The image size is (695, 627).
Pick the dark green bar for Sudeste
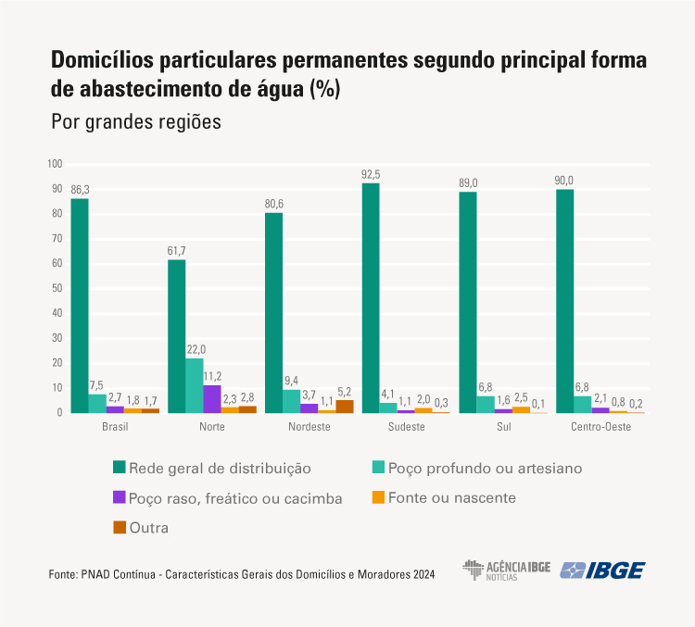(x=371, y=297)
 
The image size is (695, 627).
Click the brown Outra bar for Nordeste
(x=345, y=406)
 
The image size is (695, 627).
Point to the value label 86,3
(x=80, y=190)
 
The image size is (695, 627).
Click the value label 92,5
(x=371, y=174)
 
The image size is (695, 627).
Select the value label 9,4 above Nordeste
(x=292, y=381)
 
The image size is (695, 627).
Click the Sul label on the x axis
(x=503, y=427)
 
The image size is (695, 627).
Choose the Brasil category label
(x=115, y=427)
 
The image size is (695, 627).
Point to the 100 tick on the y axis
(x=55, y=164)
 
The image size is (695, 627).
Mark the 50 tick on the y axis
(x=57, y=288)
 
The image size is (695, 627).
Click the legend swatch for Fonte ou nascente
(x=377, y=497)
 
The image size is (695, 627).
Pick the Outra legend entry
(x=149, y=527)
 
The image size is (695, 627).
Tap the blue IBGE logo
(x=603, y=571)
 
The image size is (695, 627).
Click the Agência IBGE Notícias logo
(x=508, y=571)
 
